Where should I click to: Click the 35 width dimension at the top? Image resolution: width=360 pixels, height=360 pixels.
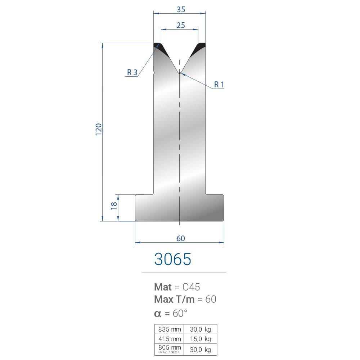tap(181, 9)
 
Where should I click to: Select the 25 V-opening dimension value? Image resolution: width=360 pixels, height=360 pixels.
tap(180, 25)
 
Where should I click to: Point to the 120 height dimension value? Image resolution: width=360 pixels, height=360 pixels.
tap(99, 130)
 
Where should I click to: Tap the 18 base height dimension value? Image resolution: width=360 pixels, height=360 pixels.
tap(114, 206)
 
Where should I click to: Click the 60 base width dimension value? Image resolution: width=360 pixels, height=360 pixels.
tap(180, 238)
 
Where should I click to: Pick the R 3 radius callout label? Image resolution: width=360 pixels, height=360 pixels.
tap(132, 72)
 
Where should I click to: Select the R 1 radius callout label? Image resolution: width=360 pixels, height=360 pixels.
tap(219, 85)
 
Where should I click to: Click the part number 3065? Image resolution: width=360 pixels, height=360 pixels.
tap(172, 259)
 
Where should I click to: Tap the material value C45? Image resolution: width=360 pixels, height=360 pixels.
tap(191, 287)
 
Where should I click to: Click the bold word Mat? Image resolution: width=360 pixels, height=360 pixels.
tap(163, 287)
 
